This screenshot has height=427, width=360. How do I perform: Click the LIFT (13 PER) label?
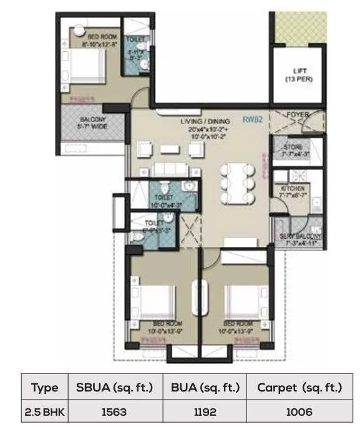[298, 75]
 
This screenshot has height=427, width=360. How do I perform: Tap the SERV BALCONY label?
[297, 240]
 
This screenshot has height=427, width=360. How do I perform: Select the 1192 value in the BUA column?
[205, 411]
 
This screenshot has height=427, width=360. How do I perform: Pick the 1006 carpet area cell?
[299, 411]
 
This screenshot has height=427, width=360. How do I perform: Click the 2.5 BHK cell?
[44, 411]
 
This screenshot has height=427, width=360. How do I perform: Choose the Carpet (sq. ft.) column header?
[299, 387]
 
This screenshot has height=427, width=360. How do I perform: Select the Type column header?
[44, 387]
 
